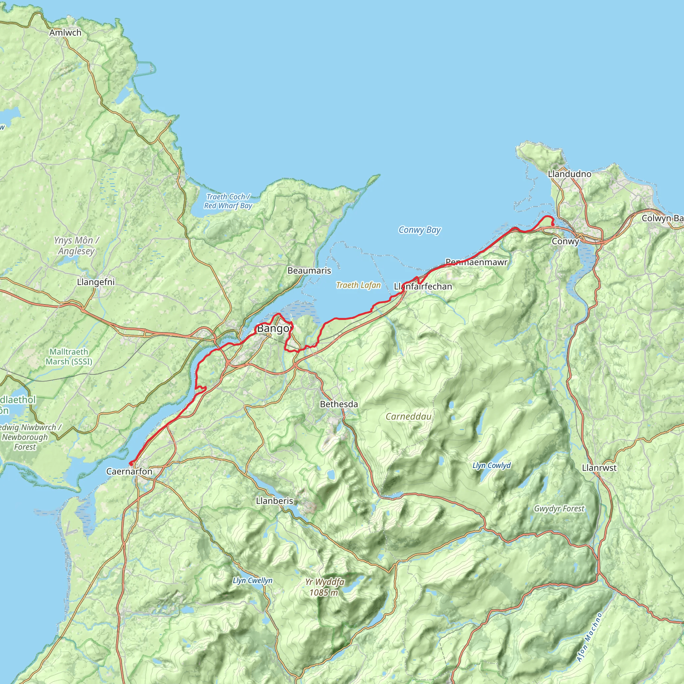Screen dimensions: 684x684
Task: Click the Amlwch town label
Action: [x=65, y=33]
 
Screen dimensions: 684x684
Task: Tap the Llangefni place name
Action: [x=96, y=282]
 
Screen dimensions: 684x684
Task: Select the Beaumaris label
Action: [x=309, y=271]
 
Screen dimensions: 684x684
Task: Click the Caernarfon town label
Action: [x=129, y=472]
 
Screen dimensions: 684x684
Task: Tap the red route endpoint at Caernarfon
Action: [x=131, y=464]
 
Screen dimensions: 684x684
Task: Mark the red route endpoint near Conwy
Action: [x=553, y=224]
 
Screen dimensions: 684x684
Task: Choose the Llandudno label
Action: [x=569, y=174]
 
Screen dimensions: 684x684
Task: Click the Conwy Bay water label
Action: [x=419, y=230]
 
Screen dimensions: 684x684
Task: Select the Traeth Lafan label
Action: [x=358, y=285]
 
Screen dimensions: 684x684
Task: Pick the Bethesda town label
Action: [x=339, y=404]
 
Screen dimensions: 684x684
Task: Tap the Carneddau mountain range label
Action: [x=408, y=416]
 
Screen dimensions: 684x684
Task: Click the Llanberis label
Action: [x=275, y=501]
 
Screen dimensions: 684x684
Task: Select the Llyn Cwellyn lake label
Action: [x=252, y=580]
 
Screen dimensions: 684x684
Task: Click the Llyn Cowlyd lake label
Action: [x=491, y=465]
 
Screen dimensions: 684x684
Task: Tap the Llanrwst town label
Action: [x=599, y=468]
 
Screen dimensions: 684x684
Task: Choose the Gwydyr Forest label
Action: [x=559, y=509]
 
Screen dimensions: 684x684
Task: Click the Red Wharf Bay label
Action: [x=228, y=201]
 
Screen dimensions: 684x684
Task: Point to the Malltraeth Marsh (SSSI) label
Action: [x=69, y=356]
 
